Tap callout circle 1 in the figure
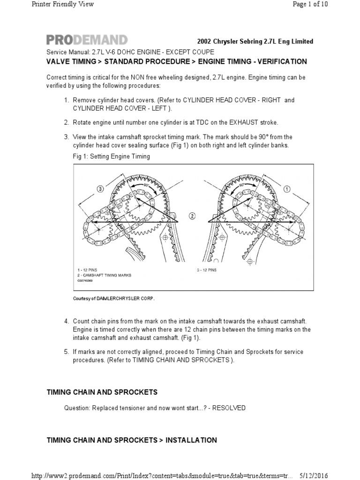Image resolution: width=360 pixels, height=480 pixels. click(287, 189)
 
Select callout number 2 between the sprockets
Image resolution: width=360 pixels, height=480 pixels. click(192, 216)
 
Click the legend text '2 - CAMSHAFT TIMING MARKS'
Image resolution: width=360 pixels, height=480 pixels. click(105, 275)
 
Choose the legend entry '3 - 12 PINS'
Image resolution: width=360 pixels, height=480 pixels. click(206, 270)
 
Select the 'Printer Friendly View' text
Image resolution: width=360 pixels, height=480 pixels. click(62, 4)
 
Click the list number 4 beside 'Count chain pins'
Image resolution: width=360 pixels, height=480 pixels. click(66, 321)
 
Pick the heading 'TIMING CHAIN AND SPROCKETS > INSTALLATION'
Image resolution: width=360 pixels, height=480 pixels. click(132, 440)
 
